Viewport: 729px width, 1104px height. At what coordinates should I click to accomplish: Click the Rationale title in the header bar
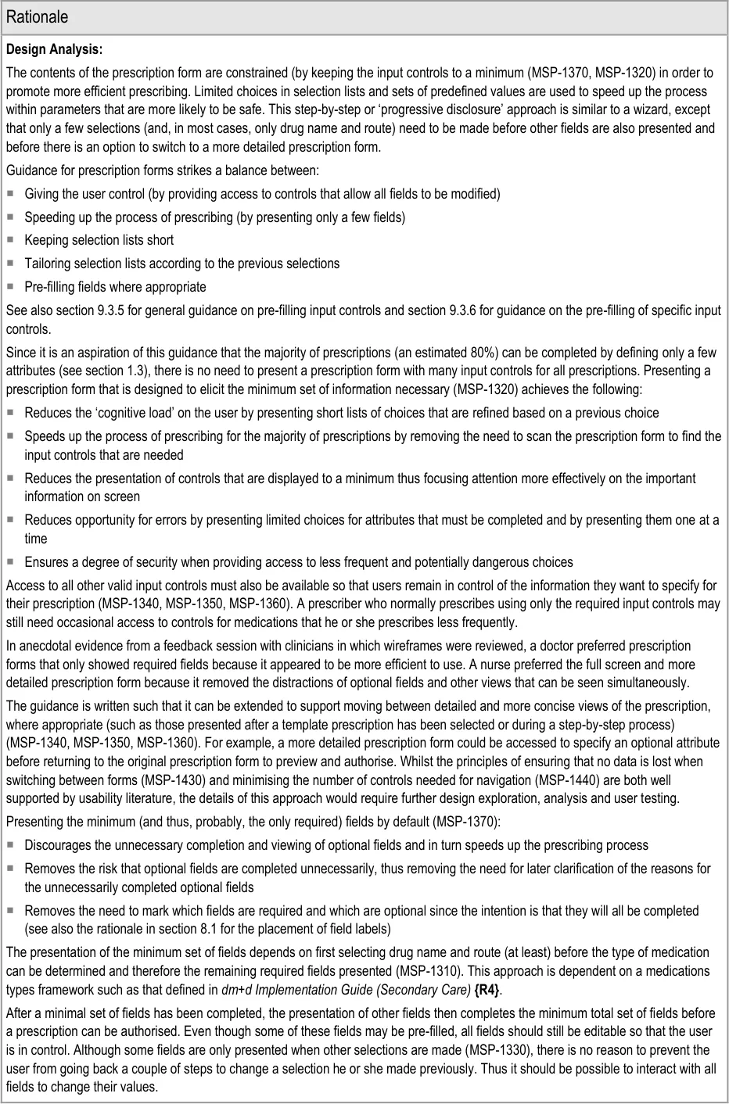click(37, 16)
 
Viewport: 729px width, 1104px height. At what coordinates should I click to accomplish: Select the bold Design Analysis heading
click(54, 50)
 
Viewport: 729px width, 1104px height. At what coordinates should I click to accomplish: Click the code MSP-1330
click(462, 1050)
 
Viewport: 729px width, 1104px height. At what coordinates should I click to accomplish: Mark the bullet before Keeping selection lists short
click(12, 240)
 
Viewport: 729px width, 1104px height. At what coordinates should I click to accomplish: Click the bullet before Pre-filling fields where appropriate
click(12, 287)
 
